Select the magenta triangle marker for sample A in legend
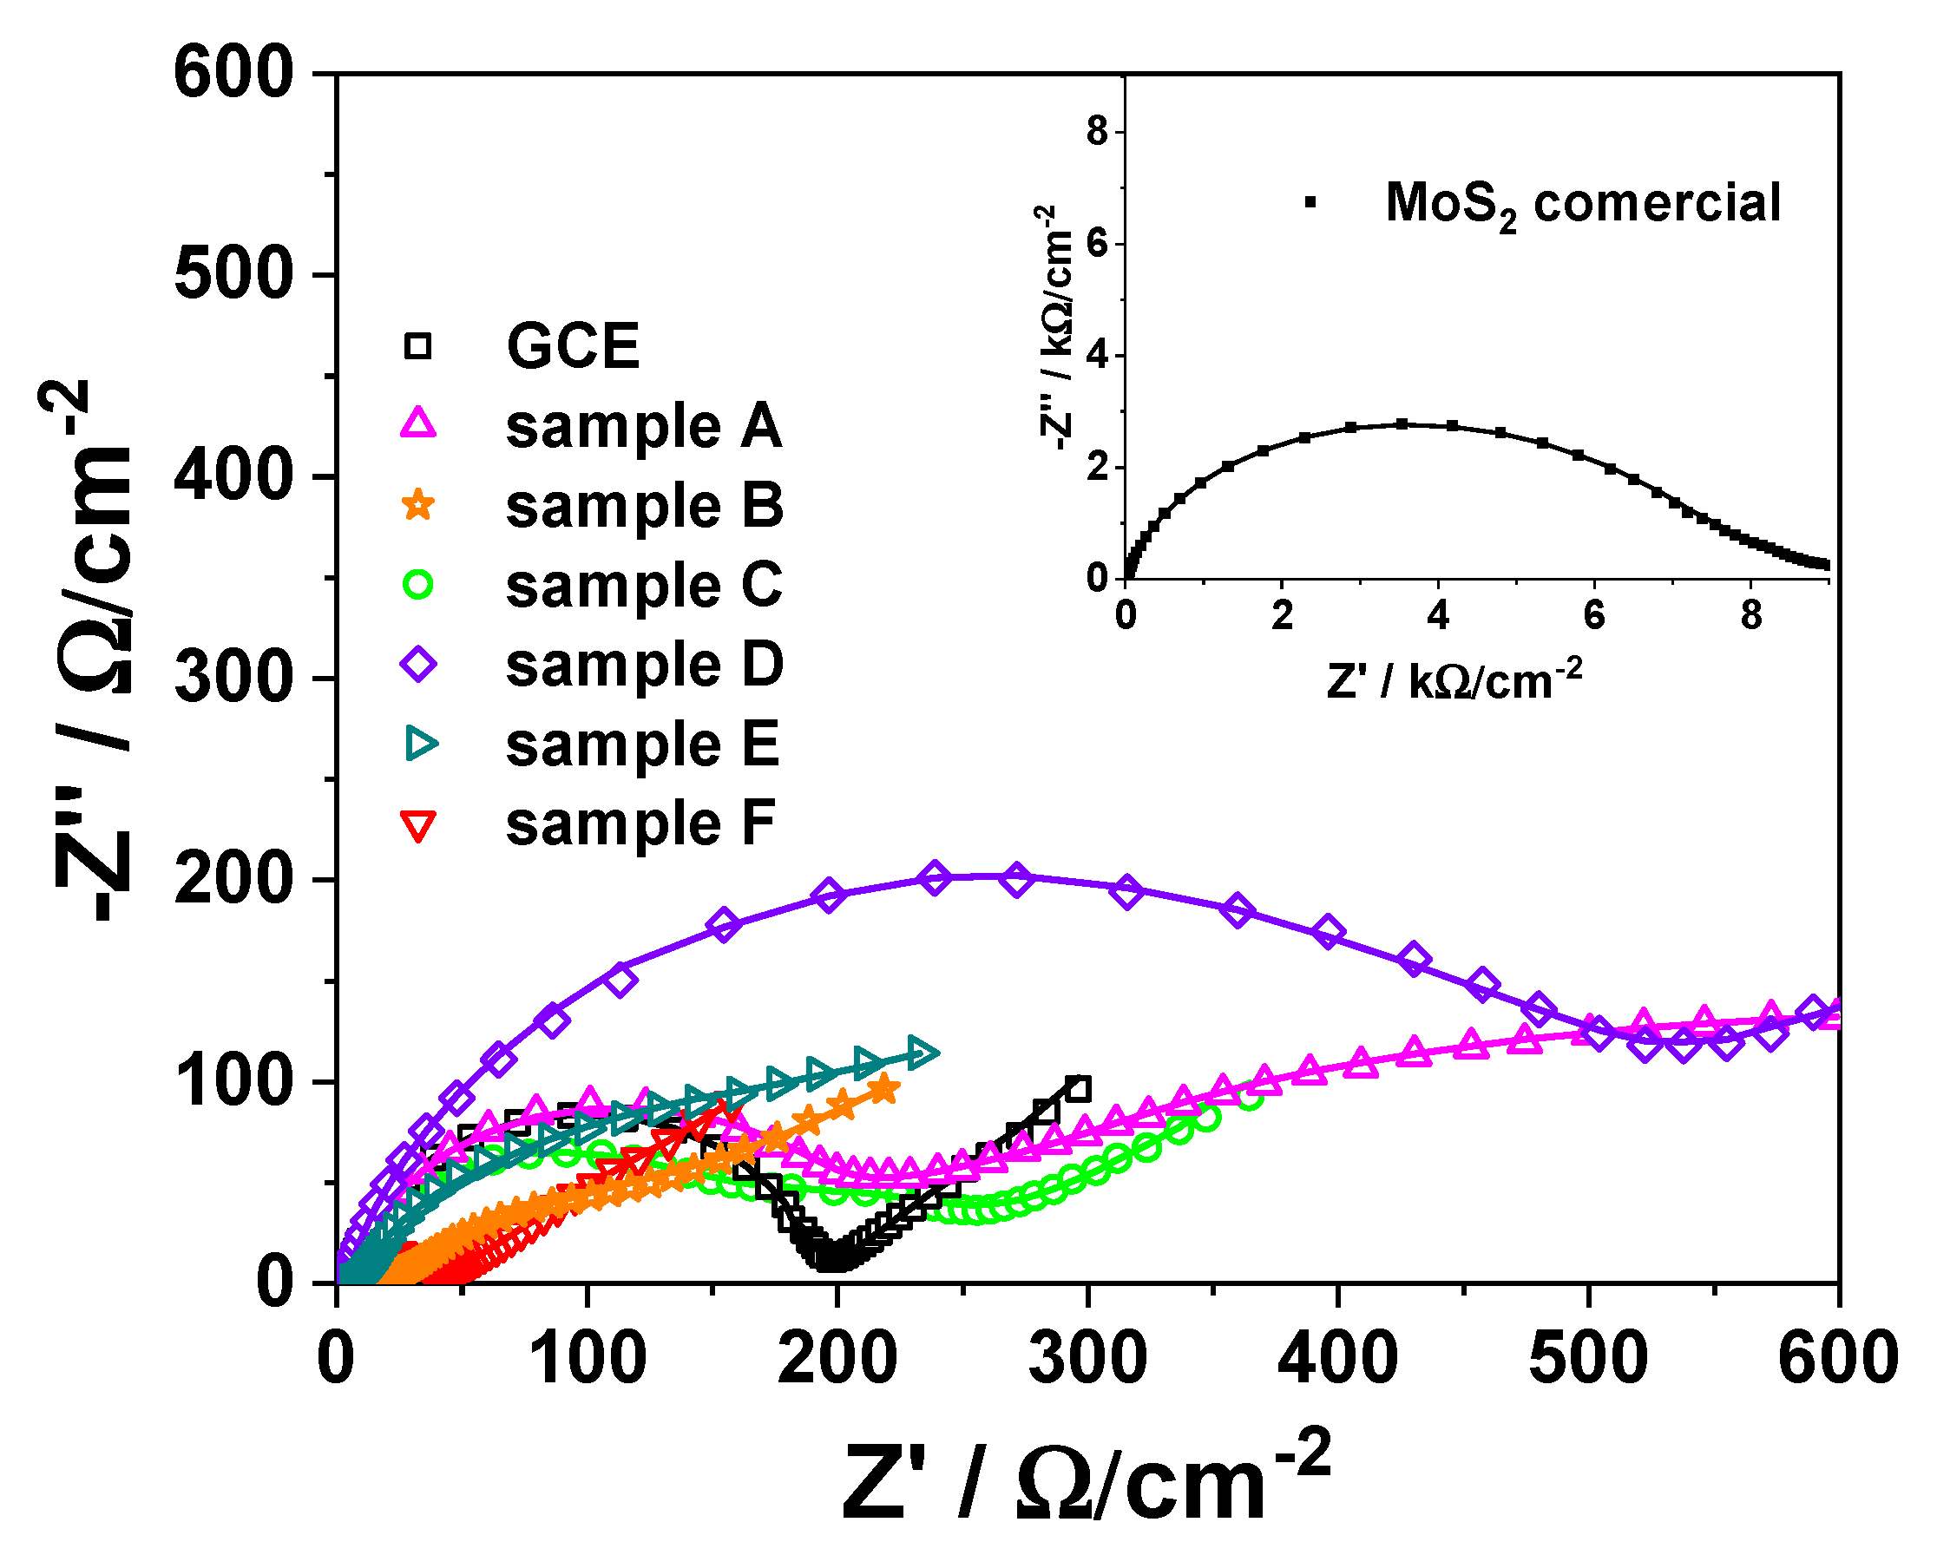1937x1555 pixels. (x=418, y=424)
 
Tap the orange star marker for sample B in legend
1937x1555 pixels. (x=418, y=504)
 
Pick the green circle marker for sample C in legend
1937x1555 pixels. (x=418, y=584)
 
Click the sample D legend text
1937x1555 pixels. (x=644, y=665)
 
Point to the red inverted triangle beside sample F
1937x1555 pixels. (x=418, y=824)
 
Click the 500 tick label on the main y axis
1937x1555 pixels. (x=233, y=274)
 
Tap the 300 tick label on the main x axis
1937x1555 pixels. (x=1087, y=1358)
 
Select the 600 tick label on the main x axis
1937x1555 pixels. (x=1838, y=1358)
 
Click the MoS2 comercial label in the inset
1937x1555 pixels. (x=1582, y=203)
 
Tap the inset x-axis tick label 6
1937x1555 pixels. (x=1594, y=616)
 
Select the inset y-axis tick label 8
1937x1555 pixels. (x=1097, y=132)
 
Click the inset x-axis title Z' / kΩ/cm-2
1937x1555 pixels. (x=1454, y=681)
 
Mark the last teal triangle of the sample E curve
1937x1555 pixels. (x=922, y=1052)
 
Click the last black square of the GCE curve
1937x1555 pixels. (x=1079, y=1090)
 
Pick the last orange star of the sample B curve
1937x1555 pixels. (x=884, y=1089)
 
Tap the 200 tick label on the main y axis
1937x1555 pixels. (x=233, y=879)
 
